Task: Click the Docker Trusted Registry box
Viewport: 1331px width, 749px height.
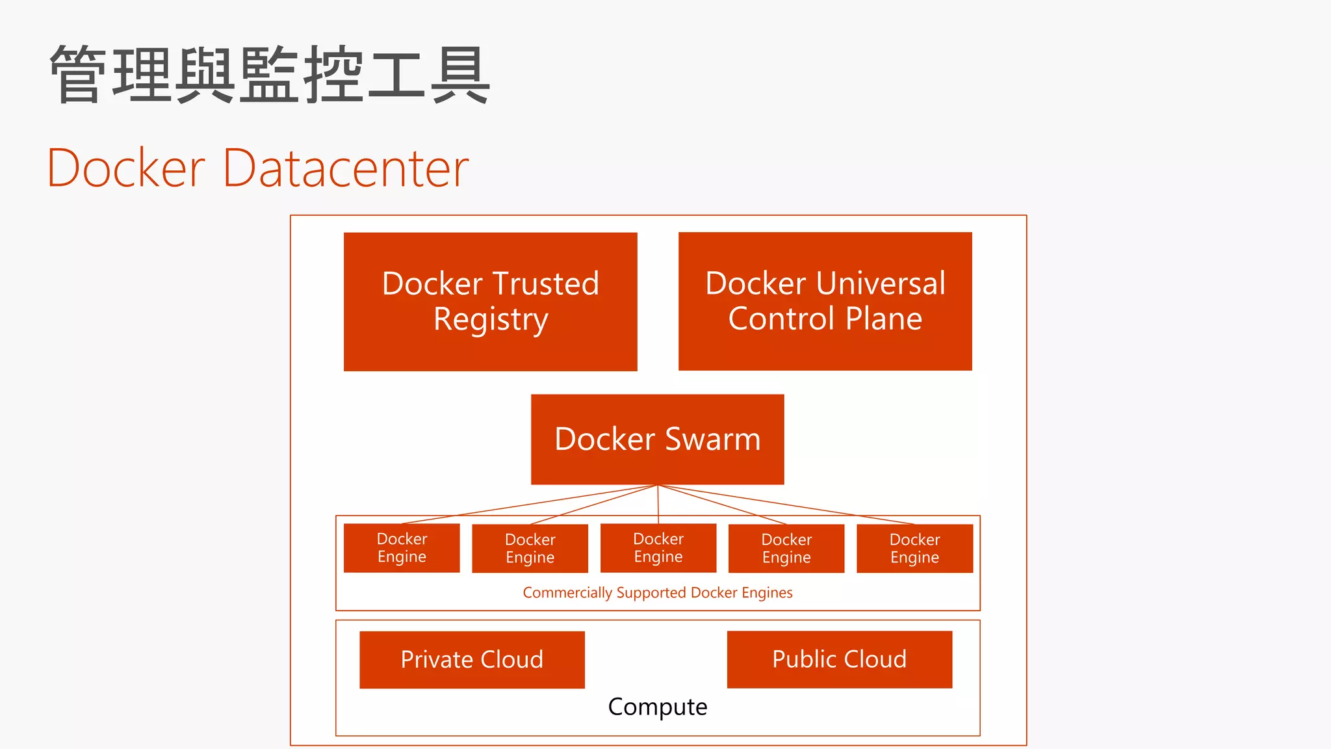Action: coord(490,302)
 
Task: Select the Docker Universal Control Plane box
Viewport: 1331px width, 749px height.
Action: coord(825,301)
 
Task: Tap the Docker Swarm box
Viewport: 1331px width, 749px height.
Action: coord(657,439)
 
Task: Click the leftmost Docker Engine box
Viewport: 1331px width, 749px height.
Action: coord(402,547)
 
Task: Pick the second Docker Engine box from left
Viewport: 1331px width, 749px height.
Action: coord(530,548)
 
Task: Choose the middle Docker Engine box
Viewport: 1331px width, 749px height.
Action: coord(658,547)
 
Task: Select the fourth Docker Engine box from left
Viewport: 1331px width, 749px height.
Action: coord(786,548)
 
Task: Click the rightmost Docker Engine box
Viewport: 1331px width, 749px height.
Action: coord(914,548)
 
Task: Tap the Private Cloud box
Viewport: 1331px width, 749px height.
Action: coord(472,659)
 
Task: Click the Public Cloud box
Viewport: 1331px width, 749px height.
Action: coord(839,659)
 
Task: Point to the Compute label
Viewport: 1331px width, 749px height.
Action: coord(657,707)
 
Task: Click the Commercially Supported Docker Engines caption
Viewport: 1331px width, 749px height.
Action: coord(657,592)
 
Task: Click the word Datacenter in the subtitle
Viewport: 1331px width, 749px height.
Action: coord(346,168)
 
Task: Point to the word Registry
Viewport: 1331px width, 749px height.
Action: coord(491,320)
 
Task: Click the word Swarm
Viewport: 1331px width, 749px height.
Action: coord(712,439)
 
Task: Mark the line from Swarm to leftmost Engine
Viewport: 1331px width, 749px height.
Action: coord(530,504)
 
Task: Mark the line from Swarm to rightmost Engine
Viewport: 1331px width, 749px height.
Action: coord(786,505)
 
